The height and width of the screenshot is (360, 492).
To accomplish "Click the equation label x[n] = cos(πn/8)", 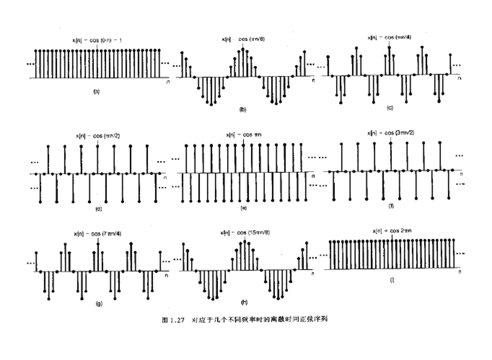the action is pos(243,39).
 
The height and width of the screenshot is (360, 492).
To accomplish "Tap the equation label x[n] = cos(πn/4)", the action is pos(388,37).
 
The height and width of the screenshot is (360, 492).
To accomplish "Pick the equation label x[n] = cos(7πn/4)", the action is pos(98,234).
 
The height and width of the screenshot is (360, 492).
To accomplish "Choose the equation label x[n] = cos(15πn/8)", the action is pos(245,233).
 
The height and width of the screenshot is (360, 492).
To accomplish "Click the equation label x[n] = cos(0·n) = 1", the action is pos(97,40).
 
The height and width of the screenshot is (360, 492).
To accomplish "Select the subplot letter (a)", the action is pos(96,90).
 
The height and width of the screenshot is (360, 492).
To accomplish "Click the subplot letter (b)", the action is pos(243,110).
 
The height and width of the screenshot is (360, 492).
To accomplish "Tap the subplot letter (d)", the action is pos(99,209).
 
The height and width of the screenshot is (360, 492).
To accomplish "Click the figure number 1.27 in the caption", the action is pos(177,320).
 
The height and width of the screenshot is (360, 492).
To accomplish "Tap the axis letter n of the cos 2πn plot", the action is pos(459,273).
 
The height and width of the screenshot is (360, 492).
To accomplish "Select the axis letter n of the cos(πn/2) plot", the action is pos(165,178).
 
